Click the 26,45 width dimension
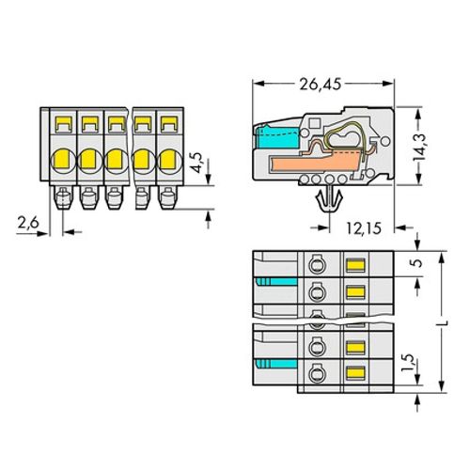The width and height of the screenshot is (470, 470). (320, 84)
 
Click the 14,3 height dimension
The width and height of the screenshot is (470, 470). (419, 147)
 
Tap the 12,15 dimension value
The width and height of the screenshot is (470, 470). (364, 228)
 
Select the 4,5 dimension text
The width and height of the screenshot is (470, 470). (197, 163)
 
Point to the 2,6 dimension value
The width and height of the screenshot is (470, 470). (28, 223)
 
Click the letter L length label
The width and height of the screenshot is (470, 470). (442, 322)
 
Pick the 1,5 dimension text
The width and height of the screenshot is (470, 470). (408, 363)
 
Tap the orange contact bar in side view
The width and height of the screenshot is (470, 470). (318, 162)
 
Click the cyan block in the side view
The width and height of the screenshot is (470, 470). (276, 136)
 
